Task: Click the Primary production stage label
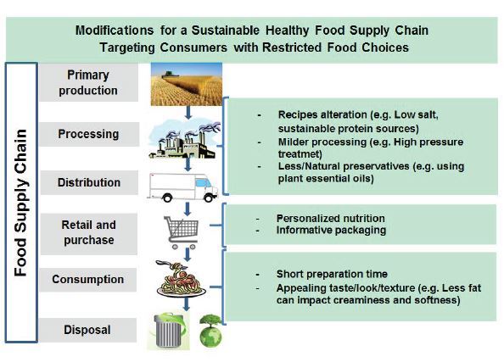point(88,82)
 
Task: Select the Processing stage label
point(88,134)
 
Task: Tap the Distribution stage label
point(89,182)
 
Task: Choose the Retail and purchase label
point(89,232)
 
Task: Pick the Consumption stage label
point(87,279)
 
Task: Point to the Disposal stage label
point(87,330)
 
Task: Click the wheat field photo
point(187,84)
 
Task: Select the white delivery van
point(182,187)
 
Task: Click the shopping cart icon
point(182,232)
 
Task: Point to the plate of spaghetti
point(181,279)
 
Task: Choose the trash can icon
point(169,331)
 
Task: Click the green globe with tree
point(210,331)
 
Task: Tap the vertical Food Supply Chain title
point(20,203)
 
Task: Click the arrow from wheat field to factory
point(188,113)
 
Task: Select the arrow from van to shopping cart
point(188,209)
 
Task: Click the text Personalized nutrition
point(330,219)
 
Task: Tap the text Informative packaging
point(331,230)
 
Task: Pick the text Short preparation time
point(332,274)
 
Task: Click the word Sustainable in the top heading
point(226,31)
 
